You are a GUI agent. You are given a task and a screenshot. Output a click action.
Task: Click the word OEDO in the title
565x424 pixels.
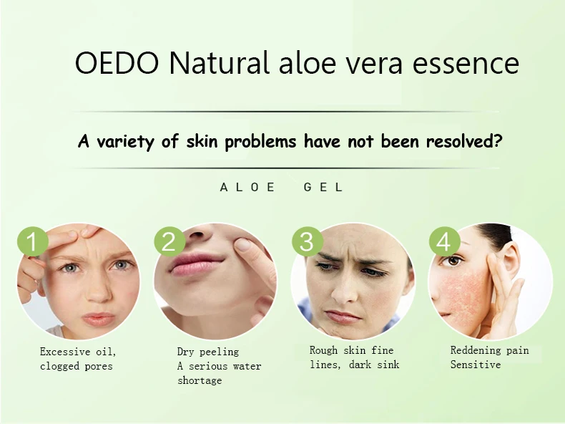pos(117,63)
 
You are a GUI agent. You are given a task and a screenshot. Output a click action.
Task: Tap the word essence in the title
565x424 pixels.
pos(466,64)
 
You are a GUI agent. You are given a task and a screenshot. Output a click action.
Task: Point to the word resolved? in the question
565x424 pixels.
pos(464,140)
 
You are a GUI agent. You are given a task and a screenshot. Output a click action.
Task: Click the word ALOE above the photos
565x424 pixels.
pos(247,187)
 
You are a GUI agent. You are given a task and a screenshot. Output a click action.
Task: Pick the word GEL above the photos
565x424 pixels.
pos(323,187)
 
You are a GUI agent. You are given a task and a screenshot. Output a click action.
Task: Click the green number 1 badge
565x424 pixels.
pos(33,241)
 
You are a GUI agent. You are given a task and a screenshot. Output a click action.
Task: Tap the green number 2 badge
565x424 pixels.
pos(169,241)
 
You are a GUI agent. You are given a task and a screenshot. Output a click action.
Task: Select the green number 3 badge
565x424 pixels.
pos(307,241)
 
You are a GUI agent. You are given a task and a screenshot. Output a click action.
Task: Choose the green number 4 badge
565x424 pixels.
pos(444,241)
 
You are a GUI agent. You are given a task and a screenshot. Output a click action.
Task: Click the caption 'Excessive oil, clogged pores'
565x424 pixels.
pos(78,359)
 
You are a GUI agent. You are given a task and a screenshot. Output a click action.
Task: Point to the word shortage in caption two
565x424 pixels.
pos(200,380)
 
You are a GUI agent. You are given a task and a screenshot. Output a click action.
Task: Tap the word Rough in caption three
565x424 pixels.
pos(323,350)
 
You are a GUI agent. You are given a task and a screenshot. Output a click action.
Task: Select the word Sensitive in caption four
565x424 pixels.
pos(476,365)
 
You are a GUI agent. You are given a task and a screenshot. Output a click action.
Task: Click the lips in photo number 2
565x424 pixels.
pos(197,264)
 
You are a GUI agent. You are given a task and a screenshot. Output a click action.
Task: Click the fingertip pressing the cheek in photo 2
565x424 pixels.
pos(245,246)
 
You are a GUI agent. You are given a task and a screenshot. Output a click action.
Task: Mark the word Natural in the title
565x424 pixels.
pos(219,63)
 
